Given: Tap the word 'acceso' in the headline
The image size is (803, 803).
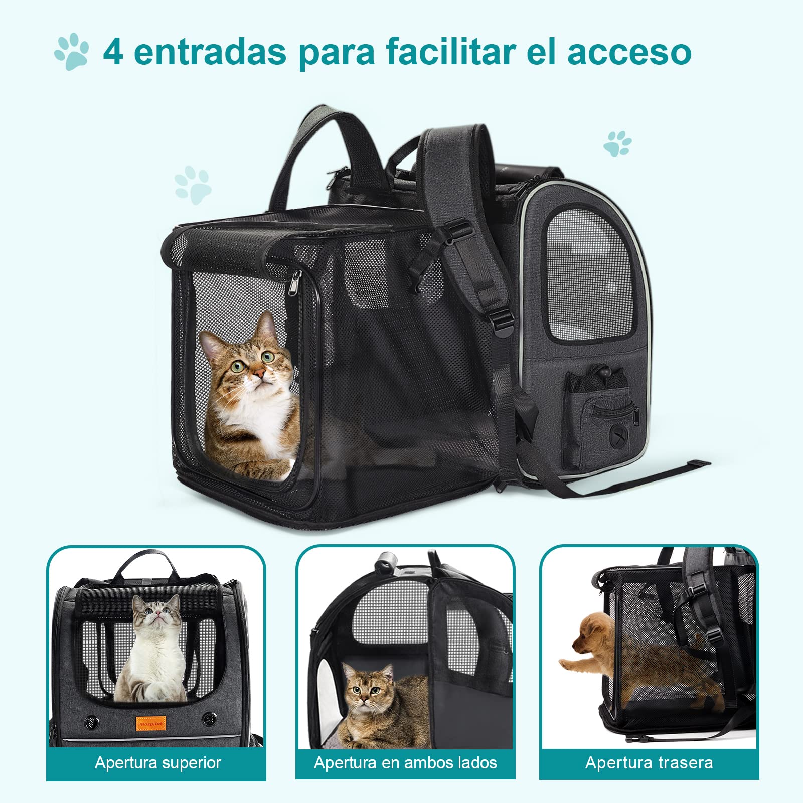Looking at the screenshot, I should click(x=629, y=52).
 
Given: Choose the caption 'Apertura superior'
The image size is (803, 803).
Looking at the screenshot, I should click(x=157, y=763).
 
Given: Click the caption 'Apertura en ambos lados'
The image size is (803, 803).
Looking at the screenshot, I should click(x=405, y=763).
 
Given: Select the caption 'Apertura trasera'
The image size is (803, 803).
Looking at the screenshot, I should click(x=649, y=763).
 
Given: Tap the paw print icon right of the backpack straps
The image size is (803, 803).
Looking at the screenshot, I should click(x=617, y=144).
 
